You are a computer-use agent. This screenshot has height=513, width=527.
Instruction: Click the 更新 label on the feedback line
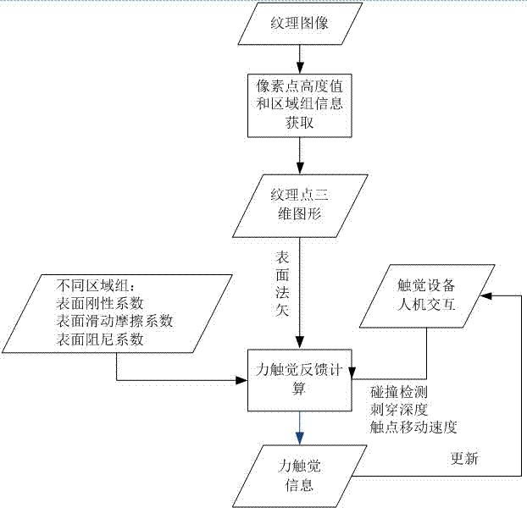[x=465, y=459]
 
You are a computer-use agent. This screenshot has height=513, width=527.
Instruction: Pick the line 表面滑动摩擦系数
[x=116, y=321]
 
